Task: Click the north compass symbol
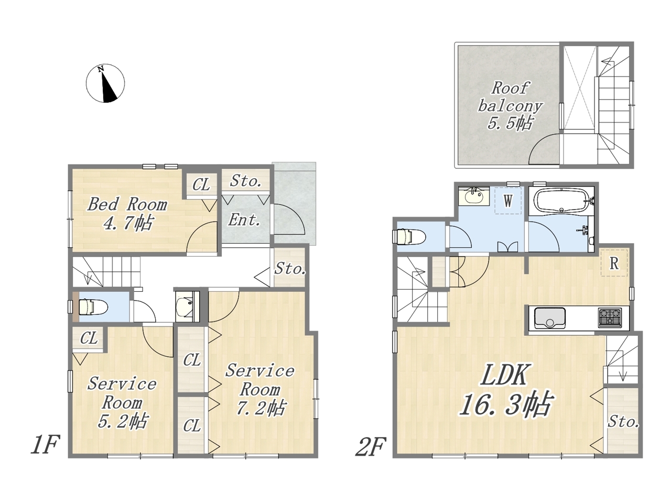point(105,83)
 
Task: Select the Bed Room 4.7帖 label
point(128,213)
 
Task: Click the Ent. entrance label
point(244,220)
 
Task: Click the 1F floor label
point(45,445)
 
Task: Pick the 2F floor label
point(371,446)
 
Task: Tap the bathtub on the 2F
point(561,201)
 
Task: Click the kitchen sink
point(549,318)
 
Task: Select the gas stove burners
point(610,317)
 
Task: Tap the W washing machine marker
point(508,201)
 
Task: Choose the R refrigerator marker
point(614,263)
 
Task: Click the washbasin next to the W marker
point(474,196)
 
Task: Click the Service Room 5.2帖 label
point(122,402)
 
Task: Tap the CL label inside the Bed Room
point(201,185)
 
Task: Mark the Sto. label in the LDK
point(623,422)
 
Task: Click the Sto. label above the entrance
point(245,181)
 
